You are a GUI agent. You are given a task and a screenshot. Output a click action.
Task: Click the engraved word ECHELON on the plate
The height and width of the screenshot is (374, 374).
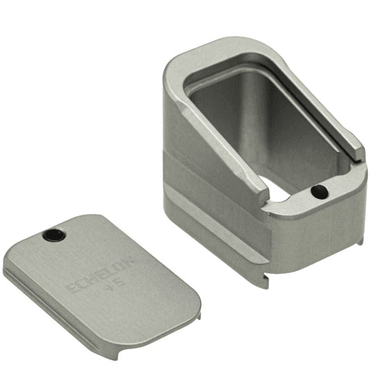click(x=100, y=272)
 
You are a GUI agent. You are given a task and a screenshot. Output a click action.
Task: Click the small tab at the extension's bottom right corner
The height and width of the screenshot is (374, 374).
click(x=358, y=241)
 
